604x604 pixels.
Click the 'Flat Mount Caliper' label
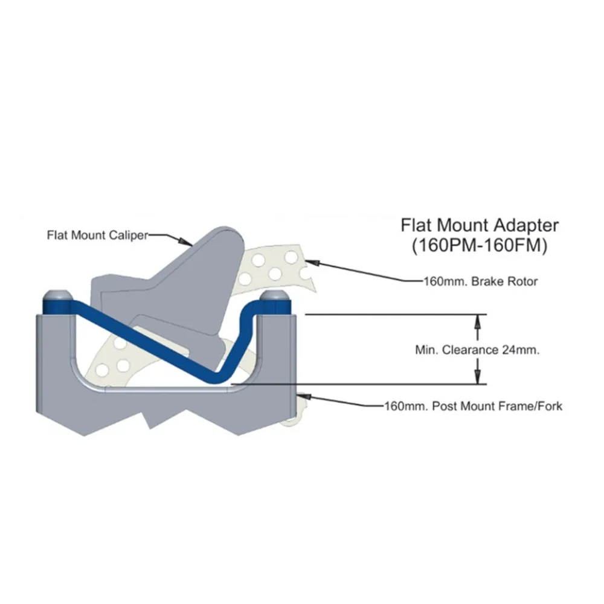click(97, 235)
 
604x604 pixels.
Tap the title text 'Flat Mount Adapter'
click(480, 225)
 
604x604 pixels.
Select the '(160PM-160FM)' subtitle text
click(480, 246)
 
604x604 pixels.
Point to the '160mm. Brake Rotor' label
click(480, 281)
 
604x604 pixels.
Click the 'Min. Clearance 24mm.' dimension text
click(477, 350)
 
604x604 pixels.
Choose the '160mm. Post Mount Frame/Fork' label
click(474, 406)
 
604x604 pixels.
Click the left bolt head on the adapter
click(56, 295)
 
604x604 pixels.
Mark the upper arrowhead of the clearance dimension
click(478, 321)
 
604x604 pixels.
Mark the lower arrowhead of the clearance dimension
click(478, 377)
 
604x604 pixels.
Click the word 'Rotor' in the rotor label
click(522, 281)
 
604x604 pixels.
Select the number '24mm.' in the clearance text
click(521, 350)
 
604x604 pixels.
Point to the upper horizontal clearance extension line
click(396, 314)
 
